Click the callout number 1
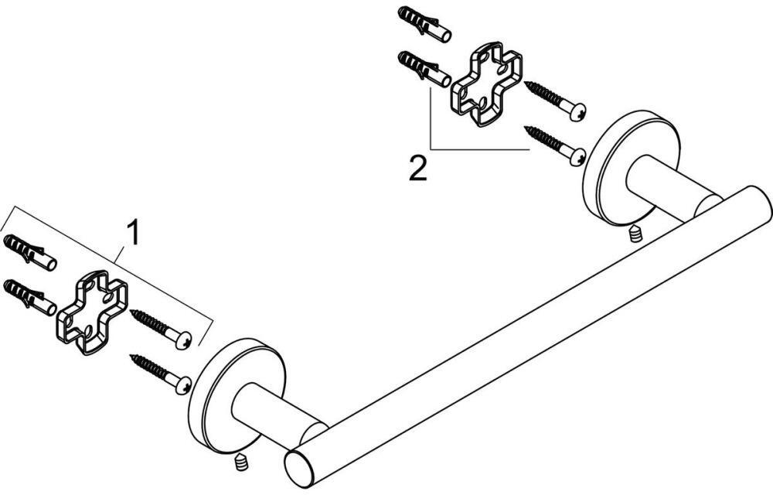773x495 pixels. (x=133, y=234)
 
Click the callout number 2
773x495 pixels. (x=418, y=168)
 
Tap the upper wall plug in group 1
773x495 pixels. (x=30, y=252)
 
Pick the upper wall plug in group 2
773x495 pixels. (x=424, y=24)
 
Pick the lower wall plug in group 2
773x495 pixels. (x=424, y=69)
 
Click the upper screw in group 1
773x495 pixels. (x=161, y=329)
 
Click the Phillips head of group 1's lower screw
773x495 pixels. (x=185, y=386)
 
